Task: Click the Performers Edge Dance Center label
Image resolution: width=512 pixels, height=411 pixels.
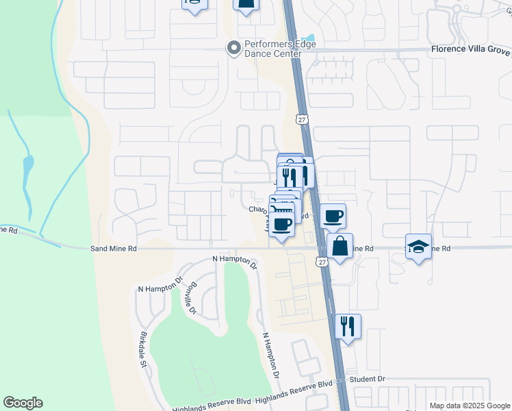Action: point(272,49)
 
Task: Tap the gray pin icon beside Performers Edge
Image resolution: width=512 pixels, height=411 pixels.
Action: point(233,47)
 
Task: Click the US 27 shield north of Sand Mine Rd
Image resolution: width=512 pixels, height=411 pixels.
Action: point(302,119)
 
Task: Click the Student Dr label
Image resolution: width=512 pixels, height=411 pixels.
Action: point(368,378)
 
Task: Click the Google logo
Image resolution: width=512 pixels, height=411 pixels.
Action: point(23,403)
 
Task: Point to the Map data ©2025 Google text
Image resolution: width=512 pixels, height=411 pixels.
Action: point(470,406)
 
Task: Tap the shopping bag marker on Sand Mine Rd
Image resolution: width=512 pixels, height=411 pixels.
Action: point(340,245)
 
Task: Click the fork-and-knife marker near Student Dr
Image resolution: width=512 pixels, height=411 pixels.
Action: point(348,327)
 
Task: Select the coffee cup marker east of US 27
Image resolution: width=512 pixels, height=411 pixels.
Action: point(333,216)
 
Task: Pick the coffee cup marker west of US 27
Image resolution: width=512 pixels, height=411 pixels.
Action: point(281,223)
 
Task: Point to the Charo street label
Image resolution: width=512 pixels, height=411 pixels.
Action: point(257,210)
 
